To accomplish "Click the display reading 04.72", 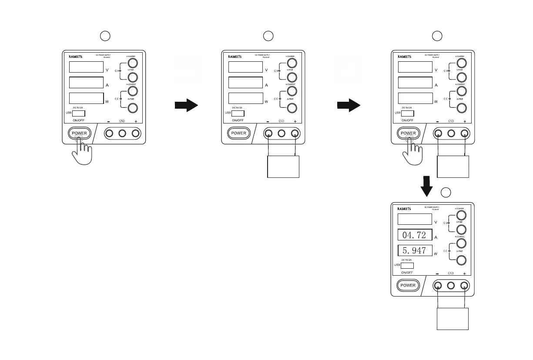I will click(x=415, y=235).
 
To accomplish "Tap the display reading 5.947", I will click(x=415, y=251).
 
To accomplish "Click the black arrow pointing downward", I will click(x=427, y=186).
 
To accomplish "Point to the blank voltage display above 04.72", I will click(x=415, y=220).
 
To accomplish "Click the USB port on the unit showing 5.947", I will click(x=407, y=265).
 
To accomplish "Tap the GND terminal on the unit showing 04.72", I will click(x=451, y=286).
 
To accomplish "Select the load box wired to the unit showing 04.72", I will click(x=453, y=319).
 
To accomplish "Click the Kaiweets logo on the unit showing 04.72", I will click(x=405, y=208).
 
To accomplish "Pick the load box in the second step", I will click(x=283, y=167).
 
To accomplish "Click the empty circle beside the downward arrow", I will click(x=446, y=192).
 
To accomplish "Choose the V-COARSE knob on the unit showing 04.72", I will click(x=462, y=215).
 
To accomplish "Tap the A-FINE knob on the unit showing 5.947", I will click(x=462, y=260).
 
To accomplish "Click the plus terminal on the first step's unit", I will click(x=136, y=133).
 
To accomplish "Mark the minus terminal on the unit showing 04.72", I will click(x=438, y=286).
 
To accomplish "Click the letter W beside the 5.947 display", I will click(x=436, y=254).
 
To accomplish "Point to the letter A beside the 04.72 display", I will click(x=436, y=237).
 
